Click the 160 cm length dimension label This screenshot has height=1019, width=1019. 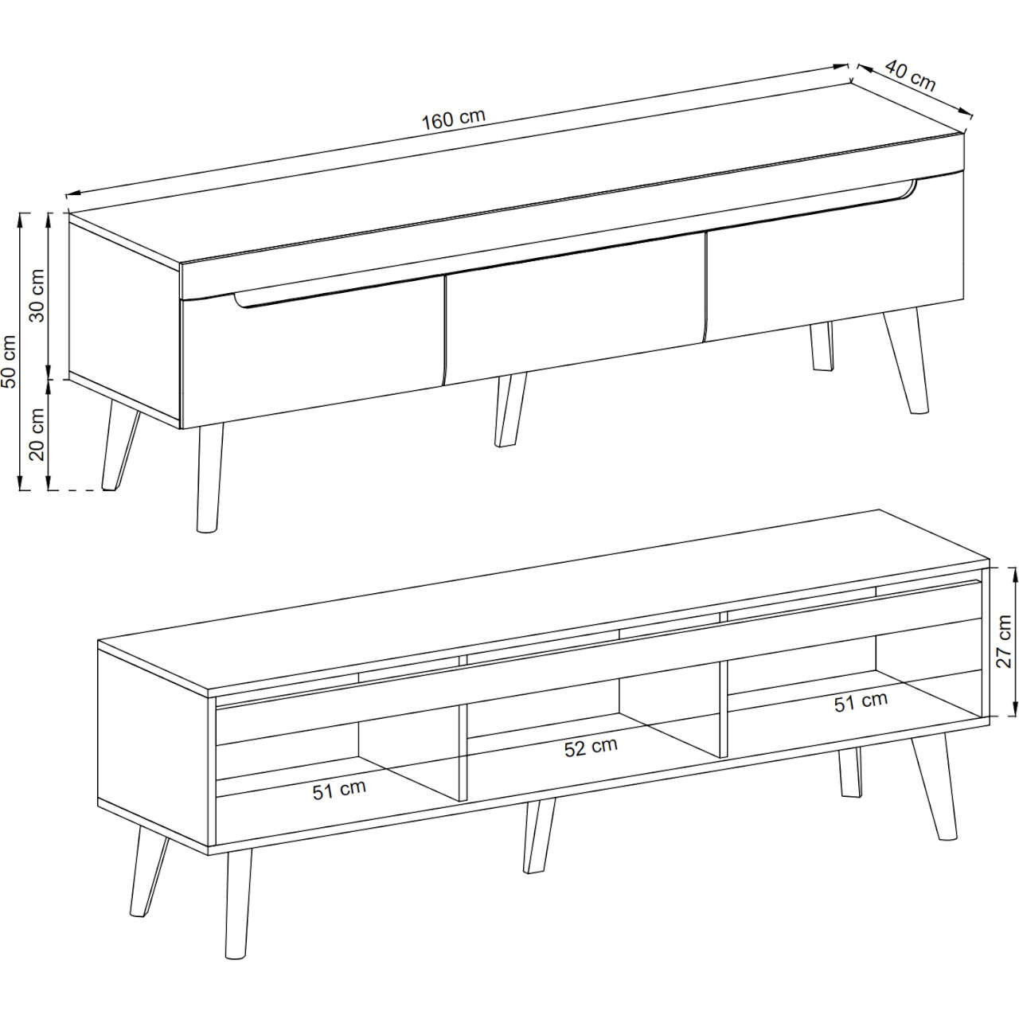pos(453,119)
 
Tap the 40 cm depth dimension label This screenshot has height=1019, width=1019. pos(910,75)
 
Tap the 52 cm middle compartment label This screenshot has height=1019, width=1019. pos(591,748)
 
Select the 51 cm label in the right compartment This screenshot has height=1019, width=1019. pos(861,702)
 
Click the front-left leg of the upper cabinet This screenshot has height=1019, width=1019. pos(210,478)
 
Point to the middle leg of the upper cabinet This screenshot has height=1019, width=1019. pos(510,410)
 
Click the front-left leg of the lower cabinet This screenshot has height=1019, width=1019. pos(239,911)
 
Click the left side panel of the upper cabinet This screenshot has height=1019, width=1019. pos(125,322)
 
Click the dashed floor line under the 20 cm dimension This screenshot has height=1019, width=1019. pos(80,490)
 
